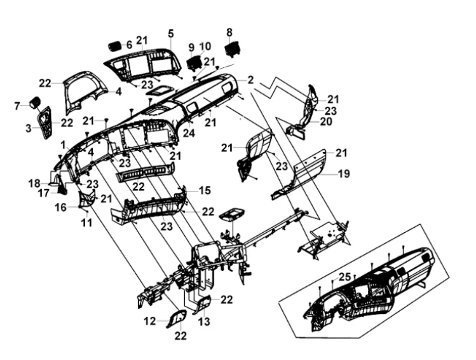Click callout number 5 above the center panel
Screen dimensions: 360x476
coord(170,32)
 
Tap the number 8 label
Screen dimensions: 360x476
coord(229,31)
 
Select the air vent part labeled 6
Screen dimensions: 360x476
coord(114,46)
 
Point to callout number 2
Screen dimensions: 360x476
coord(250,80)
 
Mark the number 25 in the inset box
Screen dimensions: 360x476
coord(344,277)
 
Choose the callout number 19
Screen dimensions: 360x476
coord(343,172)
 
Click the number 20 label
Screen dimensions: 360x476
coord(326,121)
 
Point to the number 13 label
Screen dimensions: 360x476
coord(203,322)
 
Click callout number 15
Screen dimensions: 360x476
coord(204,190)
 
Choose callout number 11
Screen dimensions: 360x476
coord(86,223)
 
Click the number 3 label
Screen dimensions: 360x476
coord(29,128)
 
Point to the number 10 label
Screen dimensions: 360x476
coord(205,46)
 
